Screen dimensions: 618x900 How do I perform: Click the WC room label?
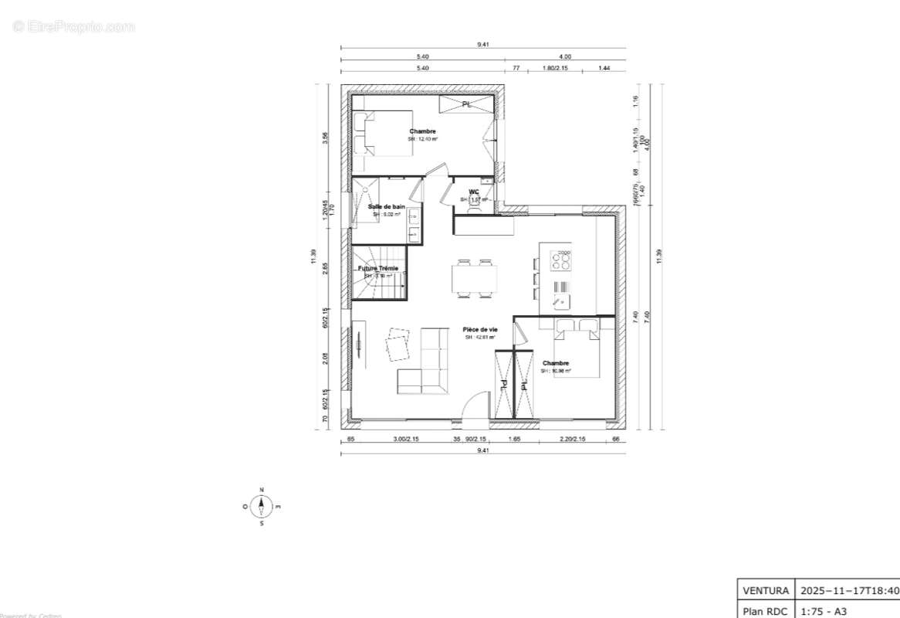click(473, 192)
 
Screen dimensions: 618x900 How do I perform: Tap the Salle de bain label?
click(386, 207)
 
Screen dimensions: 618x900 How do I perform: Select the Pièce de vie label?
click(480, 330)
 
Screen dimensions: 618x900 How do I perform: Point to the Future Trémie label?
click(378, 269)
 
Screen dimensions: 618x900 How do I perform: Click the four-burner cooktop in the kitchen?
click(560, 260)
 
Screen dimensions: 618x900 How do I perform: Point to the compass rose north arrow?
click(262, 506)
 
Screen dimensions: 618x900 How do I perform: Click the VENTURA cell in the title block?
click(765, 591)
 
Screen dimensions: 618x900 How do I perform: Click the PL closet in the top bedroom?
click(466, 104)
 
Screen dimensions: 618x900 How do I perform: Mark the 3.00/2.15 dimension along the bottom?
click(405, 439)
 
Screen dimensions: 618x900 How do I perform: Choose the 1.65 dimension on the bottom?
click(515, 439)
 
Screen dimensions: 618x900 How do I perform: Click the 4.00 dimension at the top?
click(565, 56)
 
